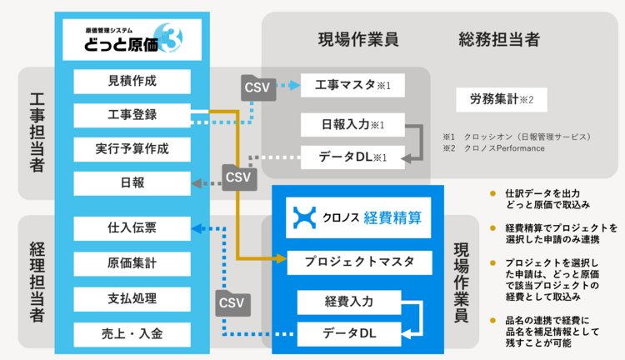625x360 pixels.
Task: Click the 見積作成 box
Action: [132, 81]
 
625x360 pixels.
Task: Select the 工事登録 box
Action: [132, 115]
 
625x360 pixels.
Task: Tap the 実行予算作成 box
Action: [132, 149]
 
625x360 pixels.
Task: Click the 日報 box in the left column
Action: [132, 183]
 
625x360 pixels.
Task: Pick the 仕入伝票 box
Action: [132, 227]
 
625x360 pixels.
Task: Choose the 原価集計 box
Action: [132, 262]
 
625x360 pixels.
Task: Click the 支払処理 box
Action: [132, 298]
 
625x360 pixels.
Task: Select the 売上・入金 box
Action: [132, 333]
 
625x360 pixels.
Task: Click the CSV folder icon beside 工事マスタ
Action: [257, 86]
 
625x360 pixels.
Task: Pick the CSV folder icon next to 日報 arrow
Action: [237, 177]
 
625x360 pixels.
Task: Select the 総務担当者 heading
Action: [498, 39]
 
